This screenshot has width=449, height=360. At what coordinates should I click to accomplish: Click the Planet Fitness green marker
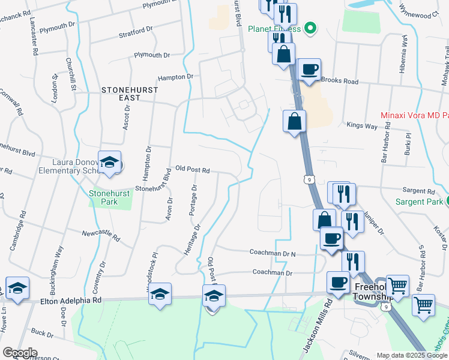310,28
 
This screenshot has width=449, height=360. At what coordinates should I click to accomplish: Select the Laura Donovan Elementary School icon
110,163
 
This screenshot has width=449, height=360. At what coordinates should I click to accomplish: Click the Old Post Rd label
192,170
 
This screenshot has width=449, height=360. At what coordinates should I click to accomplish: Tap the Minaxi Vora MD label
415,115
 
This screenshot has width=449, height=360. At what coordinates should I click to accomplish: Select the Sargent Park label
420,202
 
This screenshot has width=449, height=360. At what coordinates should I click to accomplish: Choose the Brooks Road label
339,81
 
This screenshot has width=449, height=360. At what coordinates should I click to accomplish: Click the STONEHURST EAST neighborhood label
129,94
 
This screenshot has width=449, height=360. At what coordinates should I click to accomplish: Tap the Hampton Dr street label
175,77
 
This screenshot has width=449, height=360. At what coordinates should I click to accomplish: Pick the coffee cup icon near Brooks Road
309,70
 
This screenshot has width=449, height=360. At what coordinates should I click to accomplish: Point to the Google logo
20,353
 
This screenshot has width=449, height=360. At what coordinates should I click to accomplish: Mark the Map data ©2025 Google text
411,355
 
